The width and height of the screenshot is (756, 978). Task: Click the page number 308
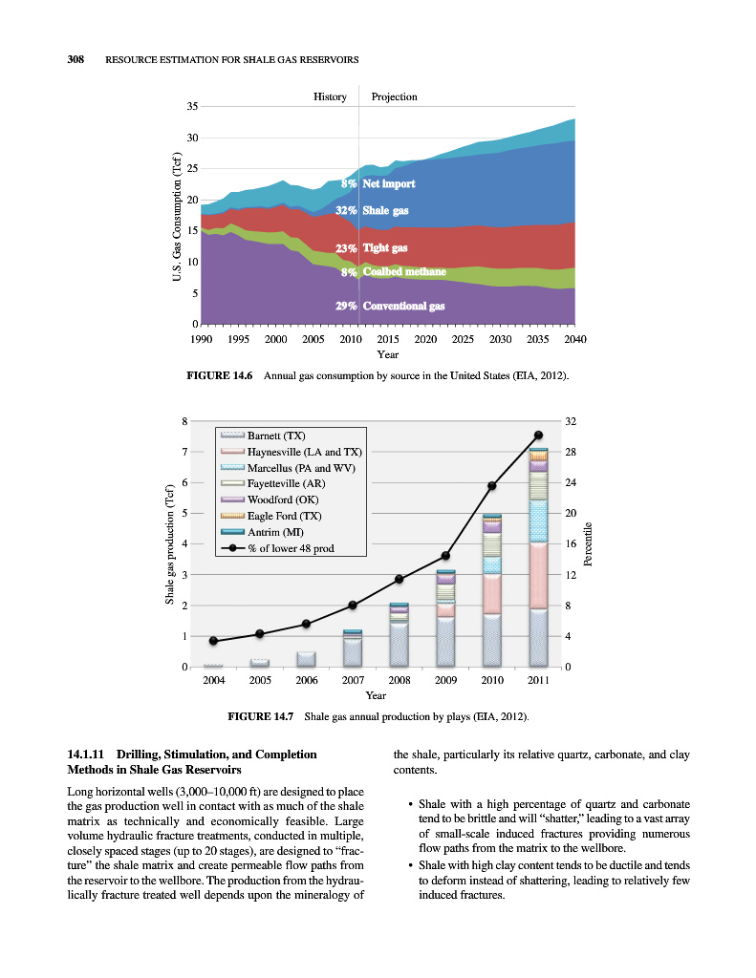[x=76, y=60]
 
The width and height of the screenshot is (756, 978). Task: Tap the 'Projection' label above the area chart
[x=394, y=97]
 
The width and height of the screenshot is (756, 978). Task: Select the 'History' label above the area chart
[x=330, y=97]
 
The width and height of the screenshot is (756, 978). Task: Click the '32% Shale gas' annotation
[x=374, y=210]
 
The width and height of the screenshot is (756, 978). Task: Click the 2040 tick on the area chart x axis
[x=574, y=339]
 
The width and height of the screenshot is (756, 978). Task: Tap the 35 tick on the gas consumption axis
[x=191, y=107]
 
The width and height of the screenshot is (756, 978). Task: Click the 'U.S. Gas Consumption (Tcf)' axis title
[x=177, y=216]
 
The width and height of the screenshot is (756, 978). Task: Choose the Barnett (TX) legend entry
[x=276, y=437]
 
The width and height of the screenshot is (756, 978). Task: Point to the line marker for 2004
[x=213, y=640]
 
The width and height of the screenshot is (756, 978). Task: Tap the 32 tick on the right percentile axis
[x=571, y=421]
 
